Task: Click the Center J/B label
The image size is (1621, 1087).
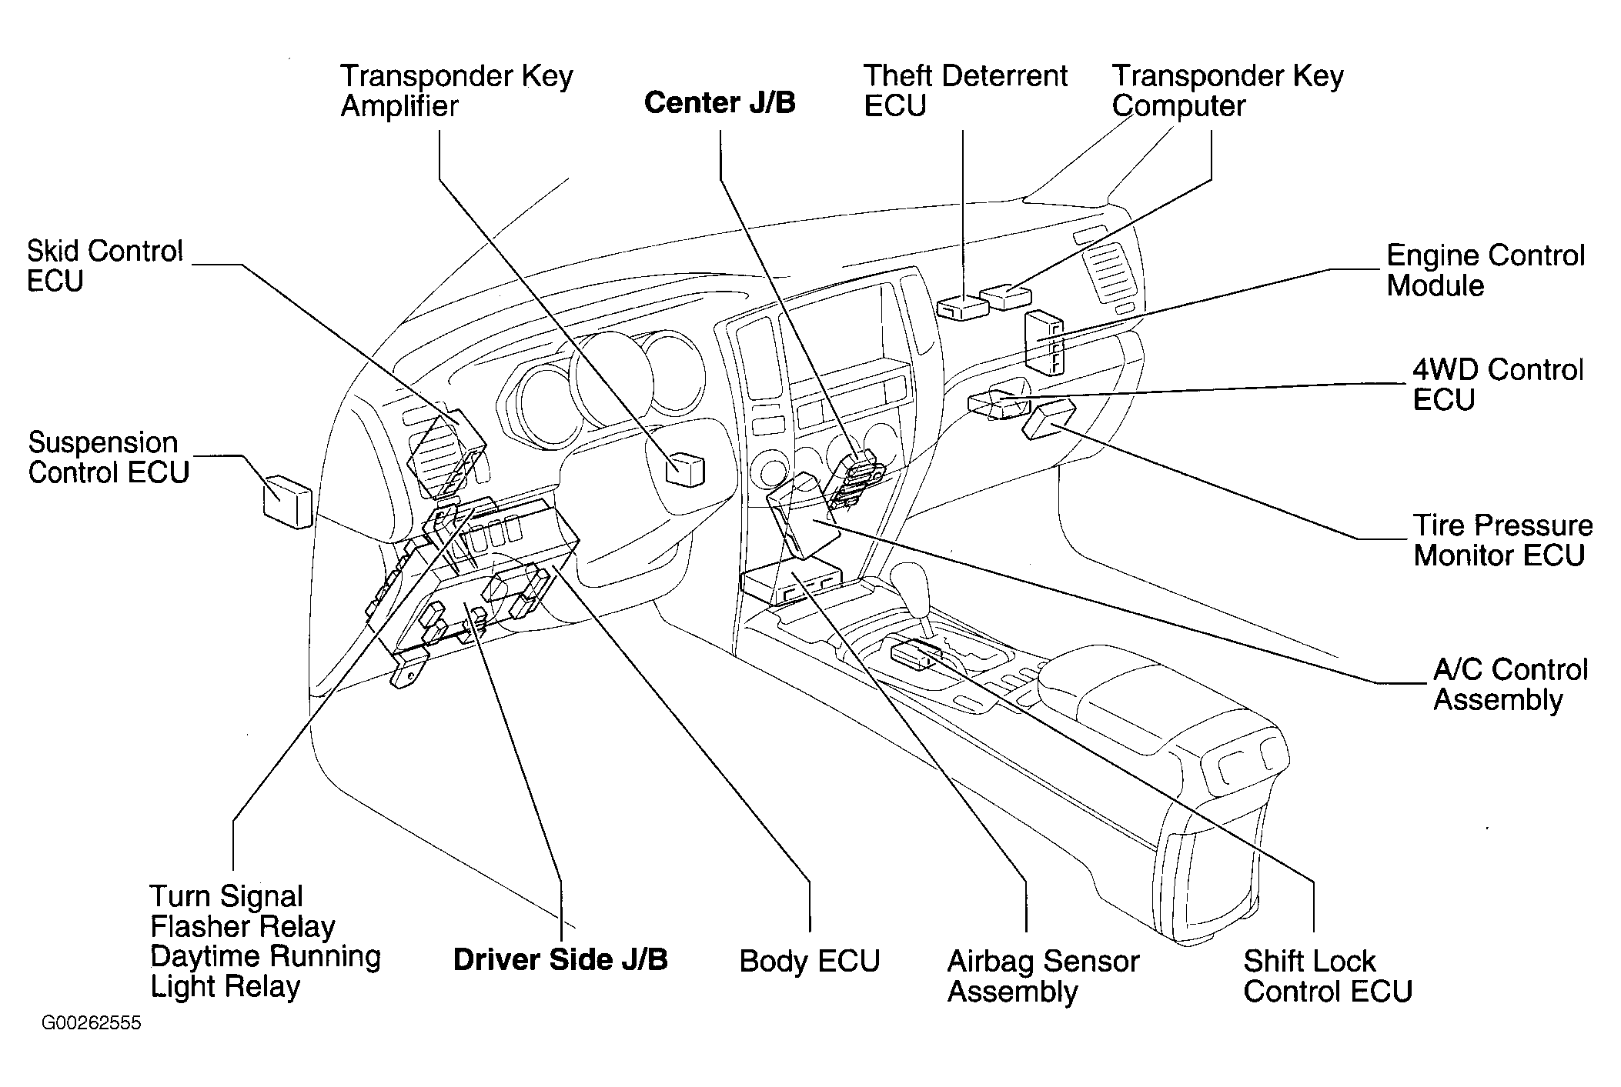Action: pyautogui.click(x=720, y=103)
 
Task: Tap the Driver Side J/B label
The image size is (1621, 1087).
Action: pyautogui.click(x=560, y=959)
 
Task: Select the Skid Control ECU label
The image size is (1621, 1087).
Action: pyautogui.click(x=105, y=266)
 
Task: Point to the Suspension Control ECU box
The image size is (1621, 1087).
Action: pyautogui.click(x=288, y=502)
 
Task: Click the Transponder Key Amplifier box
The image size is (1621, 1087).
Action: pyautogui.click(x=684, y=468)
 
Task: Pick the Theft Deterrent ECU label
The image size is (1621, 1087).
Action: pyautogui.click(x=965, y=91)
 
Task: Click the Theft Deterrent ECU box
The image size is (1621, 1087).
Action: pyautogui.click(x=963, y=307)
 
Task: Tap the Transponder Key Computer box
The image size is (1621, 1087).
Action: pyautogui.click(x=1007, y=296)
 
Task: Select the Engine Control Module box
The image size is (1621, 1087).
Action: pyautogui.click(x=1044, y=342)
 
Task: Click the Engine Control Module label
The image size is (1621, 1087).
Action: pyautogui.click(x=1486, y=270)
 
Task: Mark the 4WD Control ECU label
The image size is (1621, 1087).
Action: pyautogui.click(x=1498, y=385)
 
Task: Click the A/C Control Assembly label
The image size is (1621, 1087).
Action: pyautogui.click(x=1510, y=685)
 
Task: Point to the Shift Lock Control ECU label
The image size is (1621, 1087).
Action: pyautogui.click(x=1327, y=975)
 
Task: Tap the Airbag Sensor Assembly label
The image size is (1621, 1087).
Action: pyautogui.click(x=1043, y=975)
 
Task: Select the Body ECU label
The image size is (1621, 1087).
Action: pyautogui.click(x=809, y=961)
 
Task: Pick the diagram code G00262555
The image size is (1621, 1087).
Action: pyautogui.click(x=92, y=1024)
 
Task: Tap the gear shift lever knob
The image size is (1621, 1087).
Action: pyautogui.click(x=909, y=579)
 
